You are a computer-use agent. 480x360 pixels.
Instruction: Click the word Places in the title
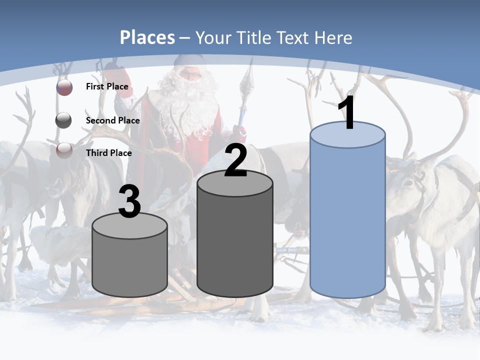(147, 37)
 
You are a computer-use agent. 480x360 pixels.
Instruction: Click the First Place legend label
(107, 86)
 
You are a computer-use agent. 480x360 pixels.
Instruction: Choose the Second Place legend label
(112, 120)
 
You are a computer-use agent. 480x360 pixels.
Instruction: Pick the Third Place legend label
(108, 153)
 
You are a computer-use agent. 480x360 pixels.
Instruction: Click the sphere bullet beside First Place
(64, 87)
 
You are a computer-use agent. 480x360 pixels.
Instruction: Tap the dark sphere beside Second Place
(64, 120)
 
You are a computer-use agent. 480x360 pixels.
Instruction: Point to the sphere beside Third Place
(64, 150)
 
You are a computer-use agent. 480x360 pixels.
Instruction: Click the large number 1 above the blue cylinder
(347, 113)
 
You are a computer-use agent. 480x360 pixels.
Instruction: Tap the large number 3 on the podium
(130, 201)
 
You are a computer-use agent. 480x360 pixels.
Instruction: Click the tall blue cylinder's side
(347, 220)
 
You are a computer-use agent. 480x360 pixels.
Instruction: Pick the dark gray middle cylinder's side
(235, 240)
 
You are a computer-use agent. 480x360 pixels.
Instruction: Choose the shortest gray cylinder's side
(130, 265)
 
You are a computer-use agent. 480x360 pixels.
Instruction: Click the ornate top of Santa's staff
(247, 80)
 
